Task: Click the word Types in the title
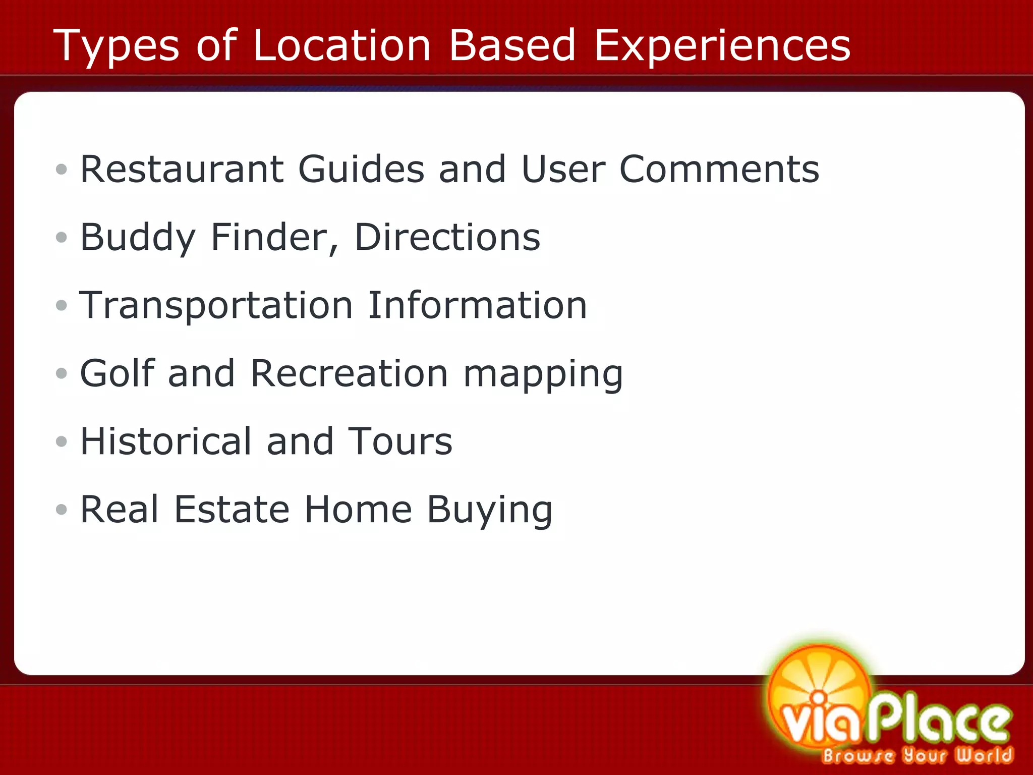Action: pos(116,46)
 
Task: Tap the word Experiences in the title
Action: pos(722,46)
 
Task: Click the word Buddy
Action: pos(138,238)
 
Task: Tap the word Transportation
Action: pos(216,306)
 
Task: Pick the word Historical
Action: pos(166,441)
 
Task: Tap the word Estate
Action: pos(232,510)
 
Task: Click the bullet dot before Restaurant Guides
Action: pos(62,170)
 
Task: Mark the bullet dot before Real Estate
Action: pos(62,510)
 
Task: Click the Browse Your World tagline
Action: pos(917,755)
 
